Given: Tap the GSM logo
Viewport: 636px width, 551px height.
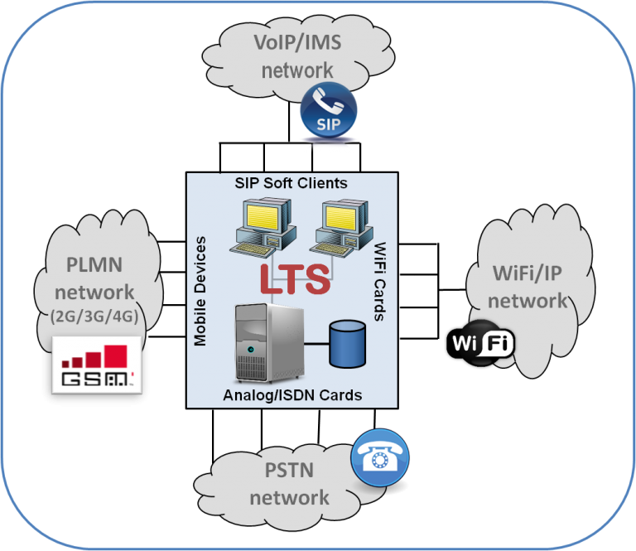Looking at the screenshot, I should (x=98, y=365).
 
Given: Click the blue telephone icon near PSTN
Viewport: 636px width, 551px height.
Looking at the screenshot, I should (x=380, y=456).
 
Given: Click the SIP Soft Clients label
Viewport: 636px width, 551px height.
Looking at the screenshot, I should (x=292, y=182).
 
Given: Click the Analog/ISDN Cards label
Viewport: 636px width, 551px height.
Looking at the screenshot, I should (x=292, y=395).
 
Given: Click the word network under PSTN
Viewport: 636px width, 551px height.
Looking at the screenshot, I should (x=289, y=498).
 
